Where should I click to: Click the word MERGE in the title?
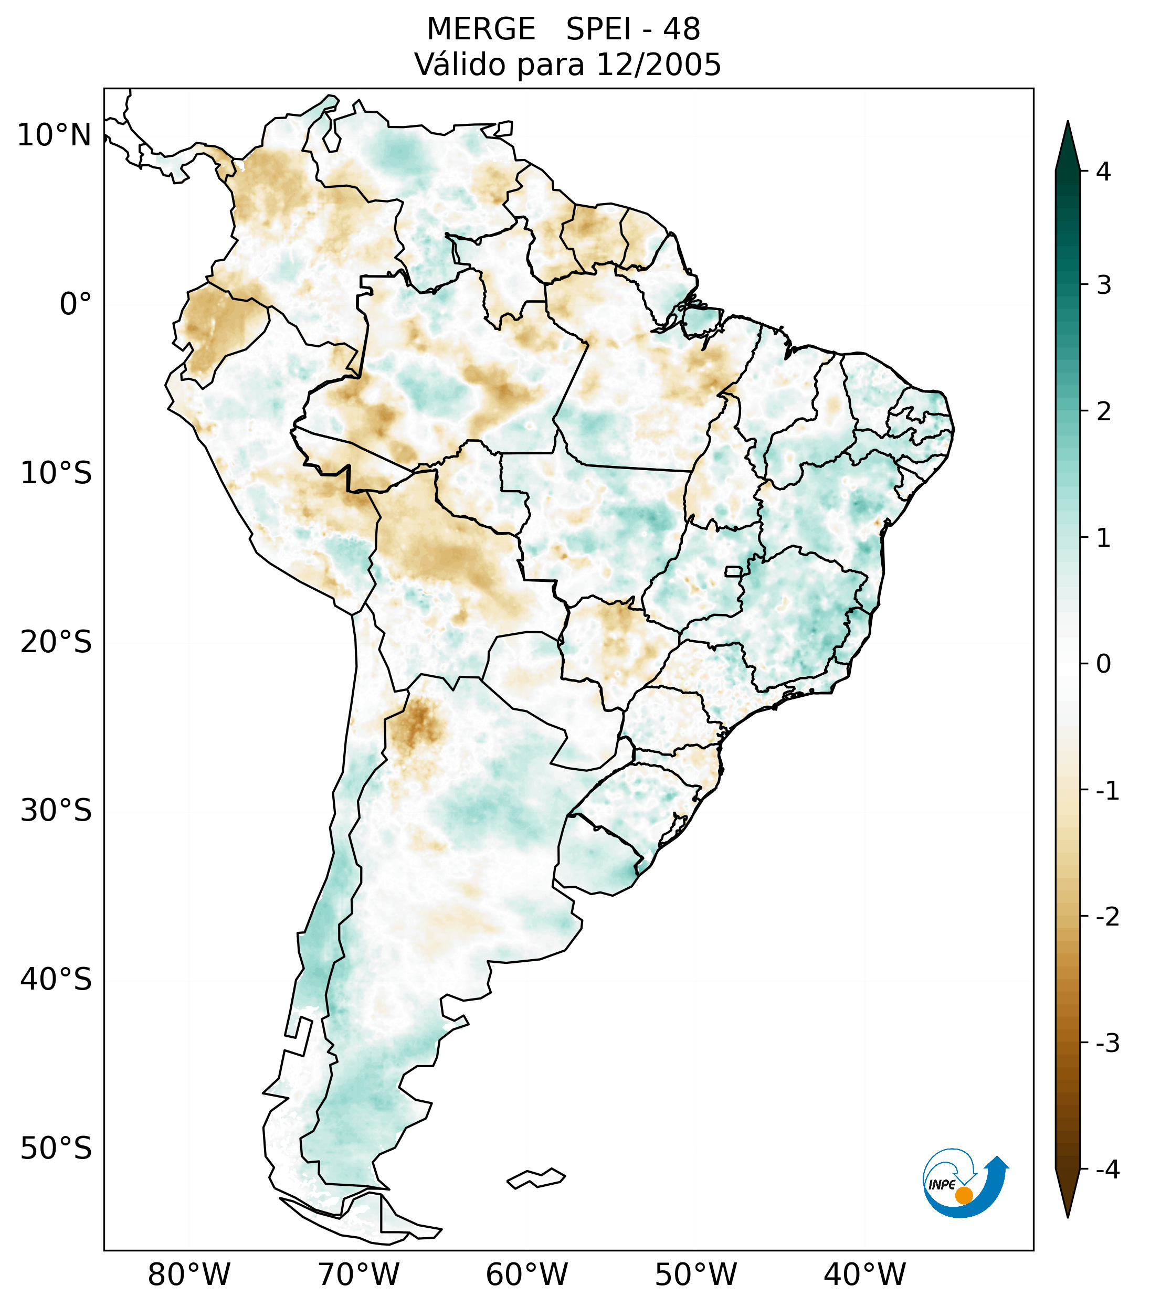480,29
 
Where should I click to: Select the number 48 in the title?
681,29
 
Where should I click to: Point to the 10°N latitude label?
55,135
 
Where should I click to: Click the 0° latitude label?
76,304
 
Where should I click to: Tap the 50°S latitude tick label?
56,1149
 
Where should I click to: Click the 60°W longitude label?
526,1274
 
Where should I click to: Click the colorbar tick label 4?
1103,172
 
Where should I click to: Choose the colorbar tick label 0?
1103,664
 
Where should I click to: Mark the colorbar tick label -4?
1107,1170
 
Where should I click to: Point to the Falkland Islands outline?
536,1178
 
